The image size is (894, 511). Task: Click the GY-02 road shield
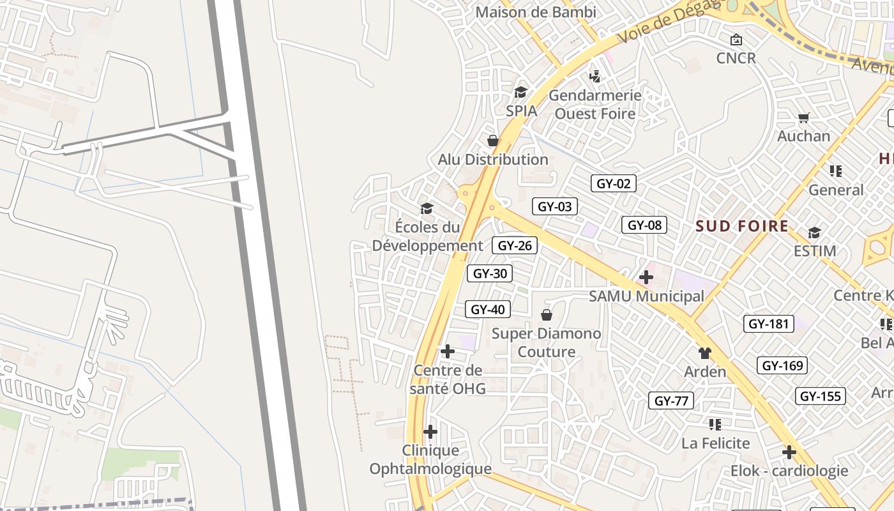click(x=613, y=184)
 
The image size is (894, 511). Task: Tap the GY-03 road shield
click(x=555, y=206)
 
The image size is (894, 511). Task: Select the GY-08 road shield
click(x=644, y=225)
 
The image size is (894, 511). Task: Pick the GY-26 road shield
click(x=515, y=245)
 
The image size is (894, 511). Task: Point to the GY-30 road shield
click(x=490, y=274)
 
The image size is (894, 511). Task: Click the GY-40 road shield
click(x=488, y=310)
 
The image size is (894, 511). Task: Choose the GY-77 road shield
click(x=671, y=401)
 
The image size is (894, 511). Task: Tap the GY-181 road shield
click(x=769, y=324)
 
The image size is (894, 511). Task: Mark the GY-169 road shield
click(x=782, y=366)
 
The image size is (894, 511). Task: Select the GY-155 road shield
click(x=821, y=396)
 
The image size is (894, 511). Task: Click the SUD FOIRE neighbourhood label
click(x=742, y=226)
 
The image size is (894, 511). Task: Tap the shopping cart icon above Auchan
click(x=804, y=118)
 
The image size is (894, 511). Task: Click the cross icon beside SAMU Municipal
click(x=646, y=277)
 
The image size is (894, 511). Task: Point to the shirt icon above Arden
click(x=705, y=353)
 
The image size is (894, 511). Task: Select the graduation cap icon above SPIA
click(x=521, y=92)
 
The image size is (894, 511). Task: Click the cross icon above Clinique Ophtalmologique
click(x=430, y=432)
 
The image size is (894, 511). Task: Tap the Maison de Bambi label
click(x=536, y=12)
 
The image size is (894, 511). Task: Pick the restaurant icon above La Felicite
click(x=715, y=424)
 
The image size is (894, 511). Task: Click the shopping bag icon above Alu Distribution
click(x=493, y=141)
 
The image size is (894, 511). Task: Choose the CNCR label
click(x=736, y=58)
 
